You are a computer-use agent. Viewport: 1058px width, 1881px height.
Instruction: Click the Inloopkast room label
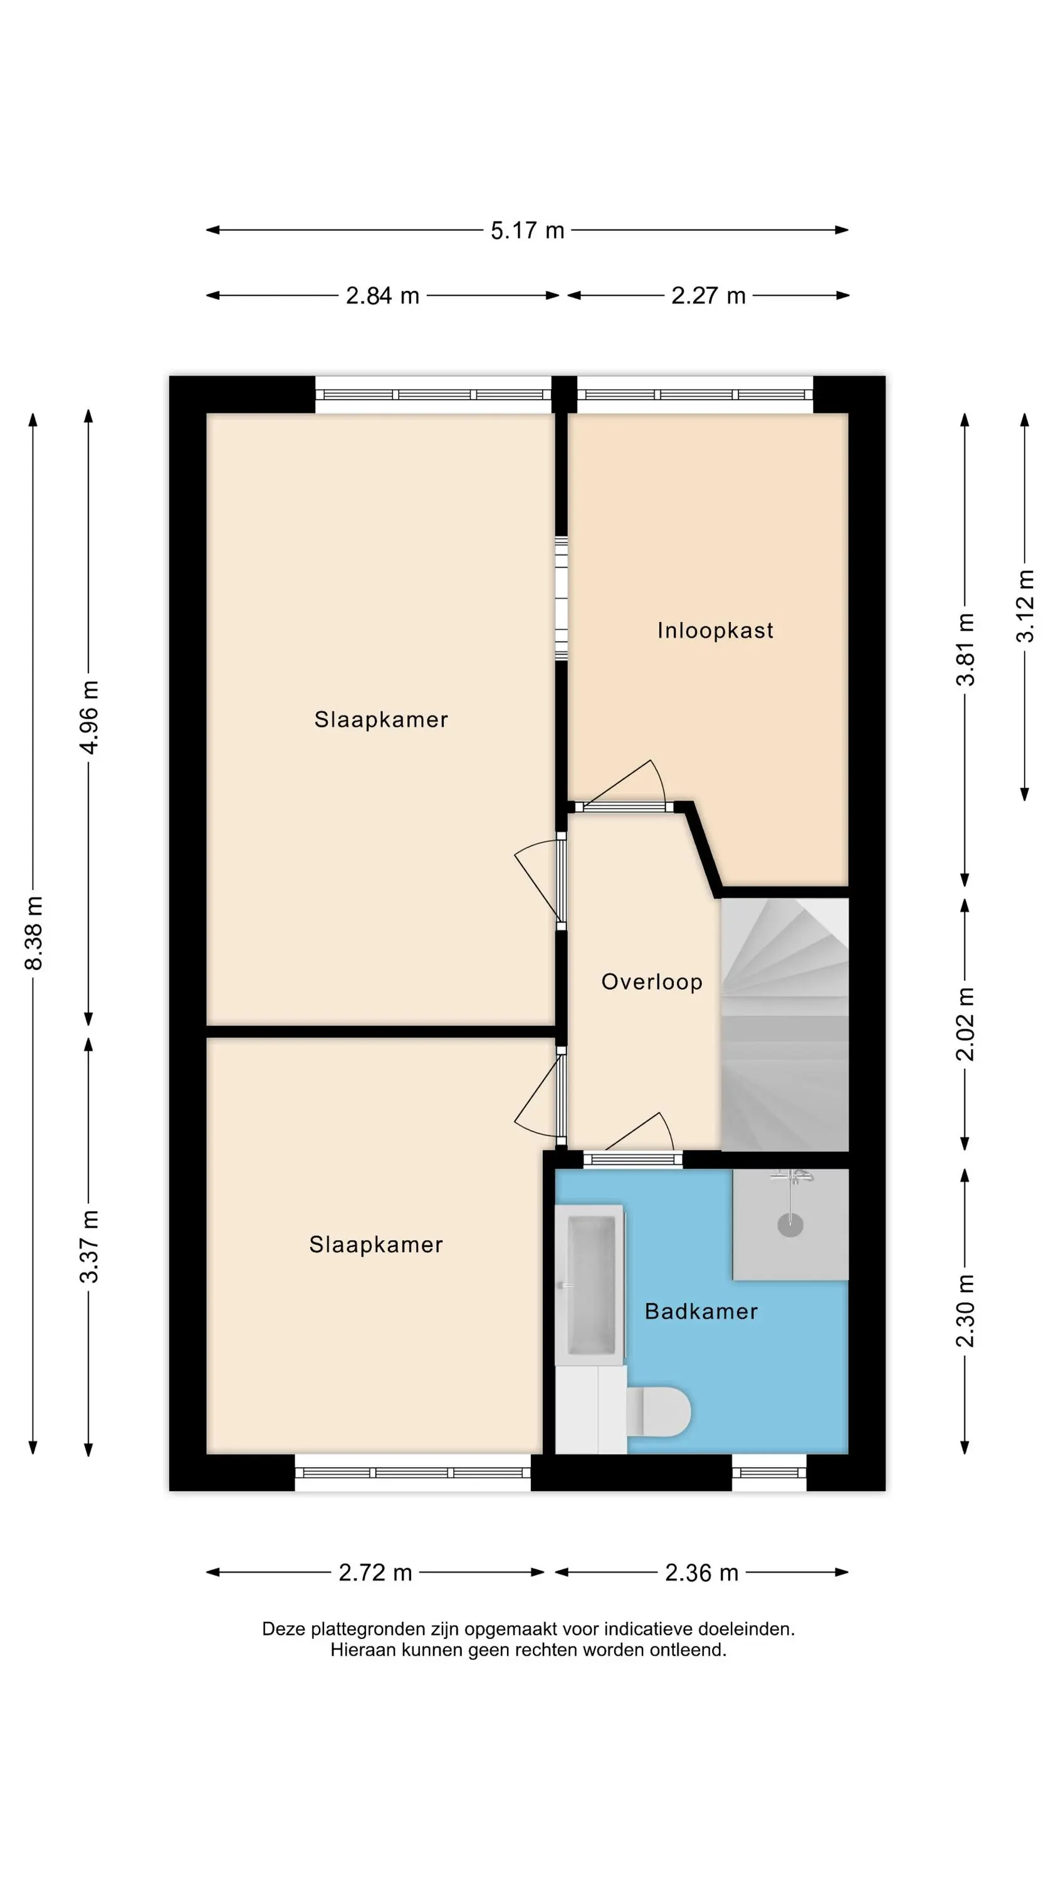[x=715, y=630]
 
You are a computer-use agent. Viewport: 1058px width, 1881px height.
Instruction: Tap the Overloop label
[x=652, y=981]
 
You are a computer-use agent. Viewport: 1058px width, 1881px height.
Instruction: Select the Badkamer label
[x=701, y=1312]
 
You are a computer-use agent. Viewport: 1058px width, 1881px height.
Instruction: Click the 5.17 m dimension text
[x=527, y=231]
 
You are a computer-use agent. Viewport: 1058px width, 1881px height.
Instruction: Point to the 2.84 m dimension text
[x=382, y=296]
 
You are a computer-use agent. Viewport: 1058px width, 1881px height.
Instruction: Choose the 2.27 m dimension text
[x=708, y=296]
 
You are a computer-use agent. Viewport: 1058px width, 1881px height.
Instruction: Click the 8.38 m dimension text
[x=34, y=933]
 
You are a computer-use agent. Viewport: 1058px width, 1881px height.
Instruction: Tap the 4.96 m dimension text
[x=89, y=717]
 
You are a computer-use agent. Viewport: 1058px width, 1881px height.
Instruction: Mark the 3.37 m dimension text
[x=89, y=1246]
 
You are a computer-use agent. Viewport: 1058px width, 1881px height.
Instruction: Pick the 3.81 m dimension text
[x=965, y=650]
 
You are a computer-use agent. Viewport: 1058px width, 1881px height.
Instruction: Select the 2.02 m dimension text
[x=965, y=1024]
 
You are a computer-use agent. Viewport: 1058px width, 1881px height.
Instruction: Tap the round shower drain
[x=790, y=1225]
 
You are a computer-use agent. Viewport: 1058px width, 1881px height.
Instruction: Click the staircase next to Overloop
[x=785, y=1025]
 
